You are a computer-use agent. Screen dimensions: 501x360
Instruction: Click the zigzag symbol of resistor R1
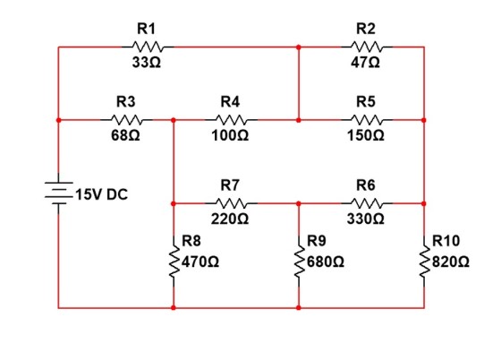(148, 47)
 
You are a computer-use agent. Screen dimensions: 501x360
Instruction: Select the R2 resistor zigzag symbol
(367, 47)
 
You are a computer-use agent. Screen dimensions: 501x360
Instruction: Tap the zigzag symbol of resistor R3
(126, 120)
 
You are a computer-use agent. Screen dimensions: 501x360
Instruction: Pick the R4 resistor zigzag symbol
(231, 120)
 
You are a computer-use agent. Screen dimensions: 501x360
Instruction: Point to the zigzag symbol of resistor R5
(367, 120)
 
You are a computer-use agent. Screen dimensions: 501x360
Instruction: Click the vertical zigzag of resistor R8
(174, 261)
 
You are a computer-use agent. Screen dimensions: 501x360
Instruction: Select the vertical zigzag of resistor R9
(299, 261)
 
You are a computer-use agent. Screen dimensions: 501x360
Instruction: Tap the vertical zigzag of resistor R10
(424, 261)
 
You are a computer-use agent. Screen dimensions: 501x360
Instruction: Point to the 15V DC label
(102, 194)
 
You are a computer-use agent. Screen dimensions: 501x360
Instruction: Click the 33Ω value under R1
(147, 63)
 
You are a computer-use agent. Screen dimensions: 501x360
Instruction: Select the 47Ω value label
(366, 63)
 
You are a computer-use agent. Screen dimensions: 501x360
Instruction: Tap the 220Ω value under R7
(230, 219)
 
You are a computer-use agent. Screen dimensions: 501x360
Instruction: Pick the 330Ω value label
(366, 219)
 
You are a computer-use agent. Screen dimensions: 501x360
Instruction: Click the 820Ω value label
(451, 261)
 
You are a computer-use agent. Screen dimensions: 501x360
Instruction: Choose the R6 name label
(366, 185)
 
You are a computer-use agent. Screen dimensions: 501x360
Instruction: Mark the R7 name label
(230, 185)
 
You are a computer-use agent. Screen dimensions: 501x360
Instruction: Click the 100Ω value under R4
(230, 135)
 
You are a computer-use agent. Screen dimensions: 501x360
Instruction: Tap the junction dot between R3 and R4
(174, 120)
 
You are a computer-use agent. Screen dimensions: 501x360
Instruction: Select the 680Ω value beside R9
(326, 261)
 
